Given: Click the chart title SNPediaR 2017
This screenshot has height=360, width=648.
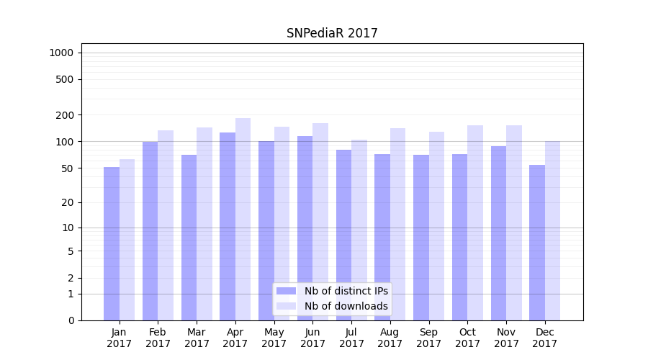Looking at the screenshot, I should [332, 33].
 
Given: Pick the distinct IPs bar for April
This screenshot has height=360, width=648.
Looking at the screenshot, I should [228, 226].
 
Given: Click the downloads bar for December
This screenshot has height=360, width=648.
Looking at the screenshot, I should [552, 230].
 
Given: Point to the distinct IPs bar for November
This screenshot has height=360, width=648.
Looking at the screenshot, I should [498, 233].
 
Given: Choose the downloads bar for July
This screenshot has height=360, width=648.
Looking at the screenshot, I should [359, 230].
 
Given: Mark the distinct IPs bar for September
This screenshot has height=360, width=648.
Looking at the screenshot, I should [421, 238].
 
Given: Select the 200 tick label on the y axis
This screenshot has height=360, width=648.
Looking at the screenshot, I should [64, 115].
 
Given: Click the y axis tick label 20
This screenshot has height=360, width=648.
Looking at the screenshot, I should [67, 202].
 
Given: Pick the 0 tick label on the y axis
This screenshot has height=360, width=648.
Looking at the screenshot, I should [71, 320].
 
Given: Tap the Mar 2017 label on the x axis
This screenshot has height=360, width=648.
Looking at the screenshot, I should [197, 338].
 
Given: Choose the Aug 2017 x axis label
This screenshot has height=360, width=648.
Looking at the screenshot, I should [390, 338].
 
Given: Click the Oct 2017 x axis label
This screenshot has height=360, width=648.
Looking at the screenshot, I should [467, 338].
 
